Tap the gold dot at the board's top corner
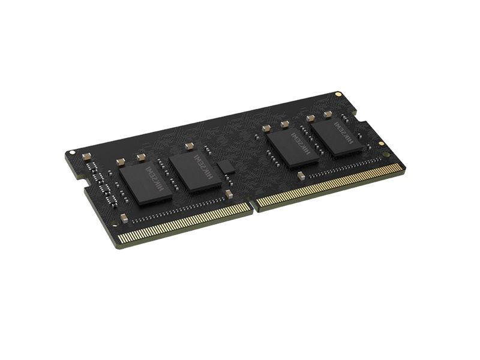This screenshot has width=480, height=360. tap(339, 94)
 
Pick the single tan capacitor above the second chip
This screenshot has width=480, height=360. tap(188, 145)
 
